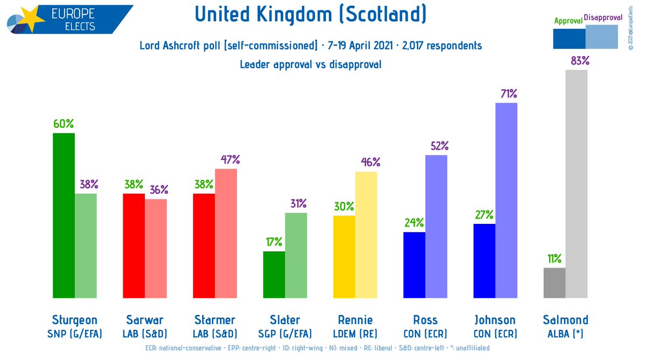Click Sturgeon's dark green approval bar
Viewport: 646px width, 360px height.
coord(64,215)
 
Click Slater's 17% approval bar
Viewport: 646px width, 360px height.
coord(274,274)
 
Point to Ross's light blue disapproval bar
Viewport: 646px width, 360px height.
coord(436,227)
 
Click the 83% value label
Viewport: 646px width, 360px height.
coord(580,61)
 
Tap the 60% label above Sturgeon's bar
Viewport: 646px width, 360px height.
coord(64,123)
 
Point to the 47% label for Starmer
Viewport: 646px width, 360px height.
coord(230,159)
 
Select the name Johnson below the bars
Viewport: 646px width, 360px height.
coord(495,320)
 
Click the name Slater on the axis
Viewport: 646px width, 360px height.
coord(285,320)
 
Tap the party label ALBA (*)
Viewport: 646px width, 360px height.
coord(565,334)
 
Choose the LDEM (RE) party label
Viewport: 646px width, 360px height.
coord(355,334)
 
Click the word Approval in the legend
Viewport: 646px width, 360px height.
coord(568,21)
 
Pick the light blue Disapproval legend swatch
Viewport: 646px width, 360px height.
coord(602,38)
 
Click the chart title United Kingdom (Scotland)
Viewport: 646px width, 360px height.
coord(311,15)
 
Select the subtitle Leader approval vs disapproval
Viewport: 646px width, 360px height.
coord(311,65)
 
